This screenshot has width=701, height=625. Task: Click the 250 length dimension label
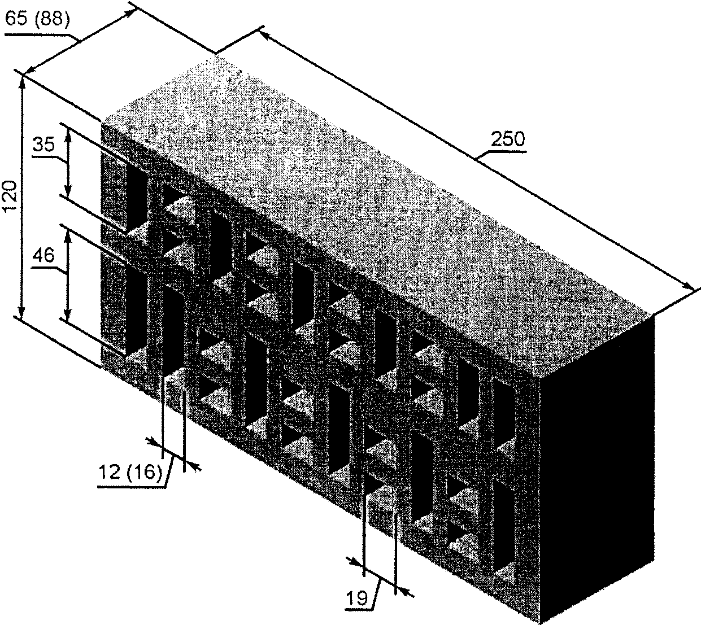pos(507,139)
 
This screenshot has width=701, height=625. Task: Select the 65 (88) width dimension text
pos(37,20)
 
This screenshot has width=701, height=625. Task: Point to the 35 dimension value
pos(43,145)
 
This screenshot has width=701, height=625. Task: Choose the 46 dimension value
pos(43,256)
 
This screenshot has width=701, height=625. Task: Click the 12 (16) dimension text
pos(130,471)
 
